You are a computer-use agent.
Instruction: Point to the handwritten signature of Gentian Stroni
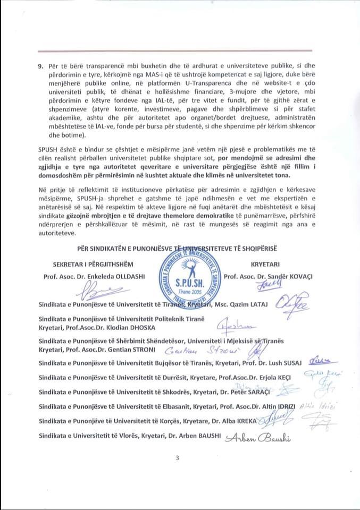207,352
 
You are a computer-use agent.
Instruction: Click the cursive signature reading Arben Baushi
259,437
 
